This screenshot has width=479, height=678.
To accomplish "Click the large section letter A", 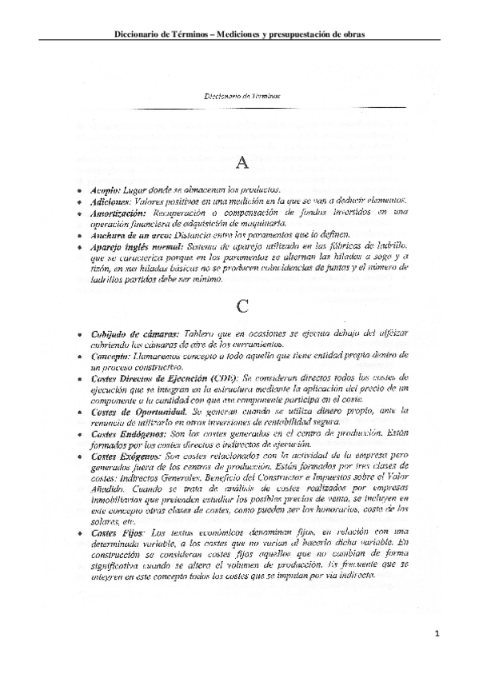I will point(244,162).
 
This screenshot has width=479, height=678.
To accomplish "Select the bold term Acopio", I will point(104,190).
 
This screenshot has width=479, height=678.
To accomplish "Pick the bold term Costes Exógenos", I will point(122,455).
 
